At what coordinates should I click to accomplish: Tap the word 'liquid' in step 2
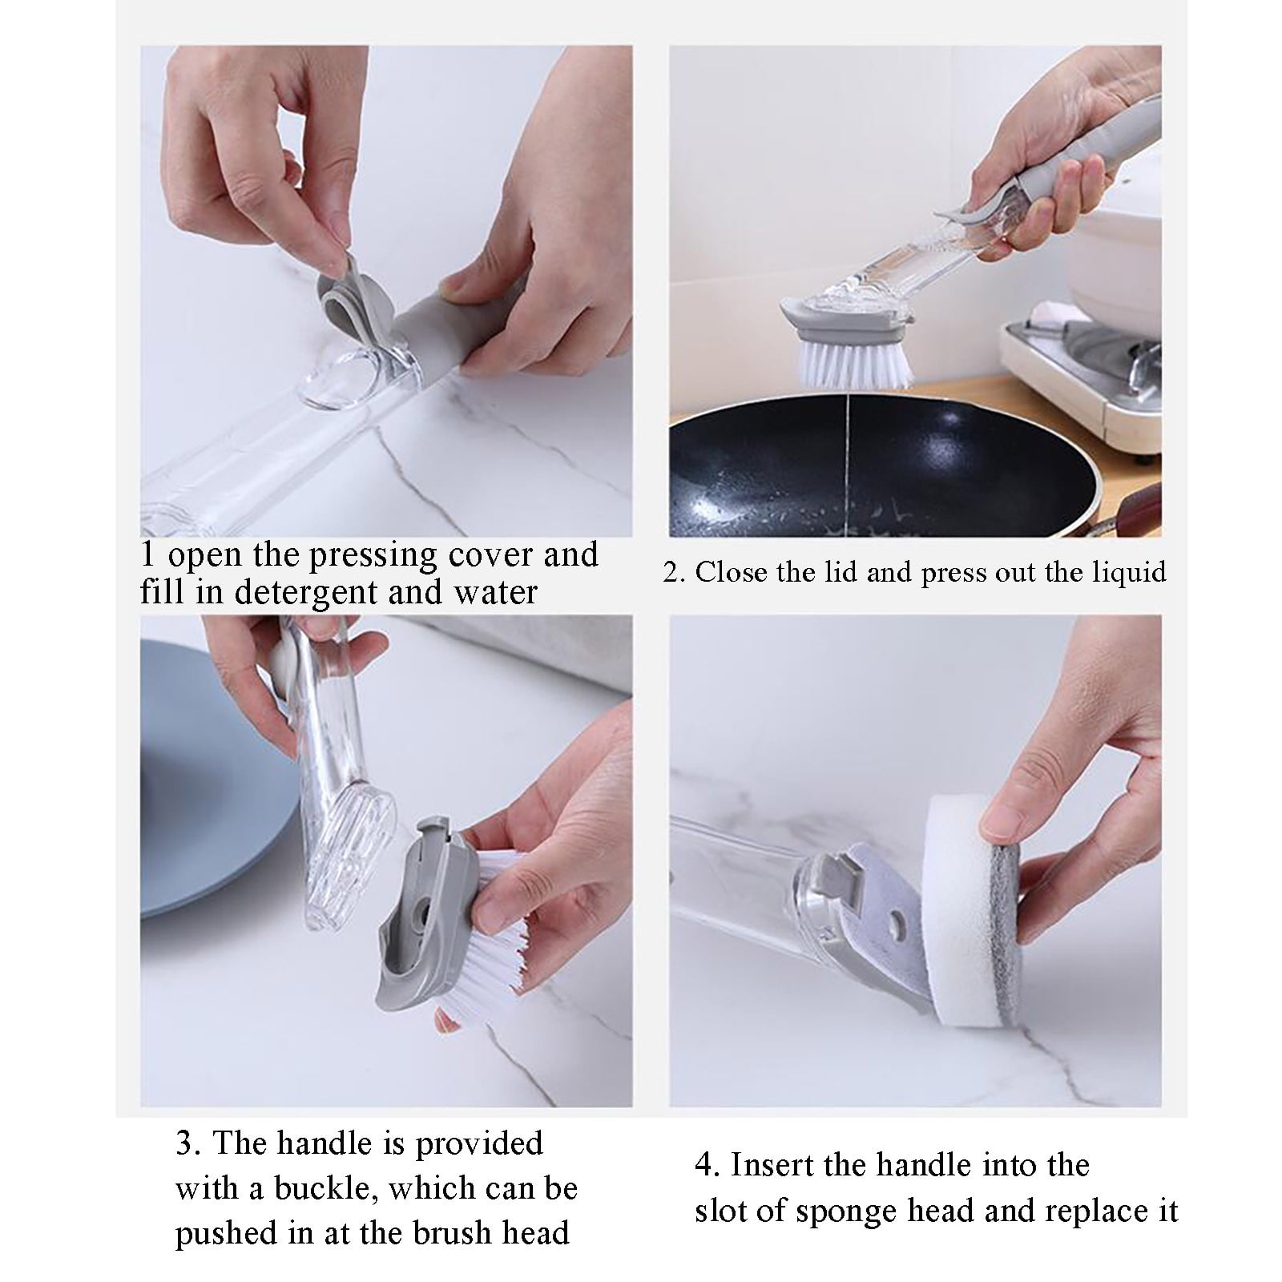click(x=1130, y=572)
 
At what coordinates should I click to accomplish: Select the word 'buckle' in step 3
click(x=325, y=1188)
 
